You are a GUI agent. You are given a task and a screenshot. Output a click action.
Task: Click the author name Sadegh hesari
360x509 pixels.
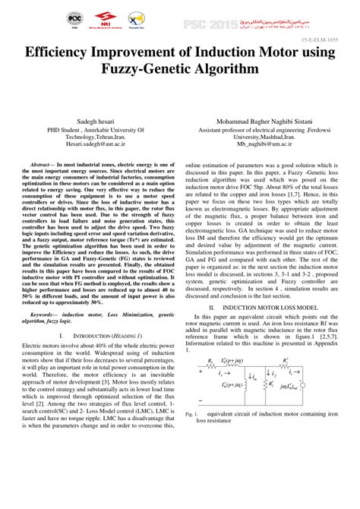coord(93,121)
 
